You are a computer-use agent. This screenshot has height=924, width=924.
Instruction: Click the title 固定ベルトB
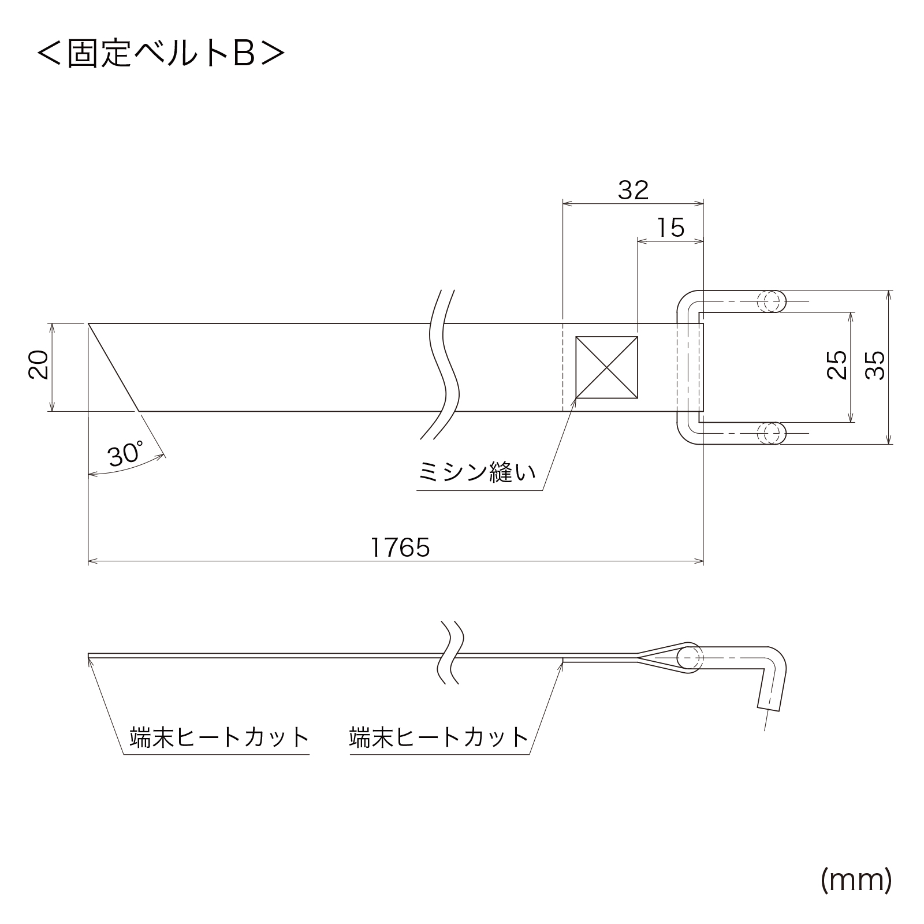(161, 54)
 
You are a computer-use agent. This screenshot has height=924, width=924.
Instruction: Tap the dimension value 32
(633, 190)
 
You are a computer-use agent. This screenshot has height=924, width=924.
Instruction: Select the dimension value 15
(670, 228)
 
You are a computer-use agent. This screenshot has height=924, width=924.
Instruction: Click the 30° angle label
(125, 454)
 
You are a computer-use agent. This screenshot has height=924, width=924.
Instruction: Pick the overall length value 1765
(400, 547)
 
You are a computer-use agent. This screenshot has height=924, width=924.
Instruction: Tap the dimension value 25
(837, 365)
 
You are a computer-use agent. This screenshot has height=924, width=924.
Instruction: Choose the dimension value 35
(876, 365)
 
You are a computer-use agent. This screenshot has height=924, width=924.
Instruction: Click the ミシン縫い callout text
(477, 473)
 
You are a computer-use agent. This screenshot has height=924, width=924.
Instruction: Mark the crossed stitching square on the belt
(606, 367)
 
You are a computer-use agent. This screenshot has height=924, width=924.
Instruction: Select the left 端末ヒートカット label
(219, 737)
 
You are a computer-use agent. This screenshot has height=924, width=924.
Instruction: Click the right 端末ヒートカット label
(439, 737)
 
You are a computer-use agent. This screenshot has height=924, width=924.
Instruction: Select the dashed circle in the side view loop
(691, 658)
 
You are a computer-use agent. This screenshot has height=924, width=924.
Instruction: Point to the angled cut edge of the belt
(114, 367)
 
